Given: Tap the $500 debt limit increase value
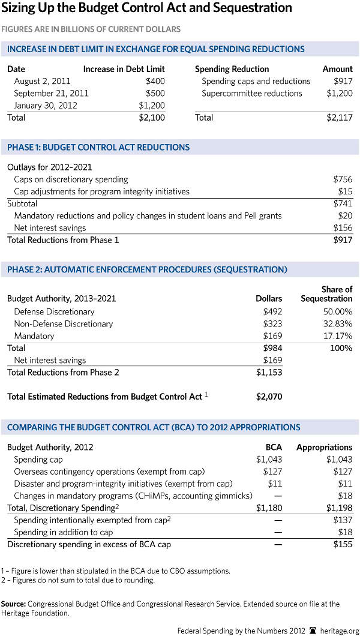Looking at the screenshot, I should pyautogui.click(x=155, y=93).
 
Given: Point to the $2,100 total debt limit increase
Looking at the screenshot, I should pyautogui.click(x=152, y=118).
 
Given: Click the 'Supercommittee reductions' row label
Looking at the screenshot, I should pyautogui.click(x=251, y=93).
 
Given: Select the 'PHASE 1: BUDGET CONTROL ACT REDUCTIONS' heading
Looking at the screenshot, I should pyautogui.click(x=98, y=147).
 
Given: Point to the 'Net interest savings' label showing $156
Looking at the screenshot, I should pyautogui.click(x=50, y=228).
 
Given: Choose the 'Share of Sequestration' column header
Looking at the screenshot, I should pyautogui.click(x=327, y=294).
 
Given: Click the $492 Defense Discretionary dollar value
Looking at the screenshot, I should pyautogui.click(x=272, y=311).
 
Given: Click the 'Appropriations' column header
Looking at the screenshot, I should pyautogui.click(x=325, y=447).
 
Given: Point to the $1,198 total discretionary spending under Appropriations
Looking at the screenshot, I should pyautogui.click(x=340, y=508).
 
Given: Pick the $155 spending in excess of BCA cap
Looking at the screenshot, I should pyautogui.click(x=343, y=544).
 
